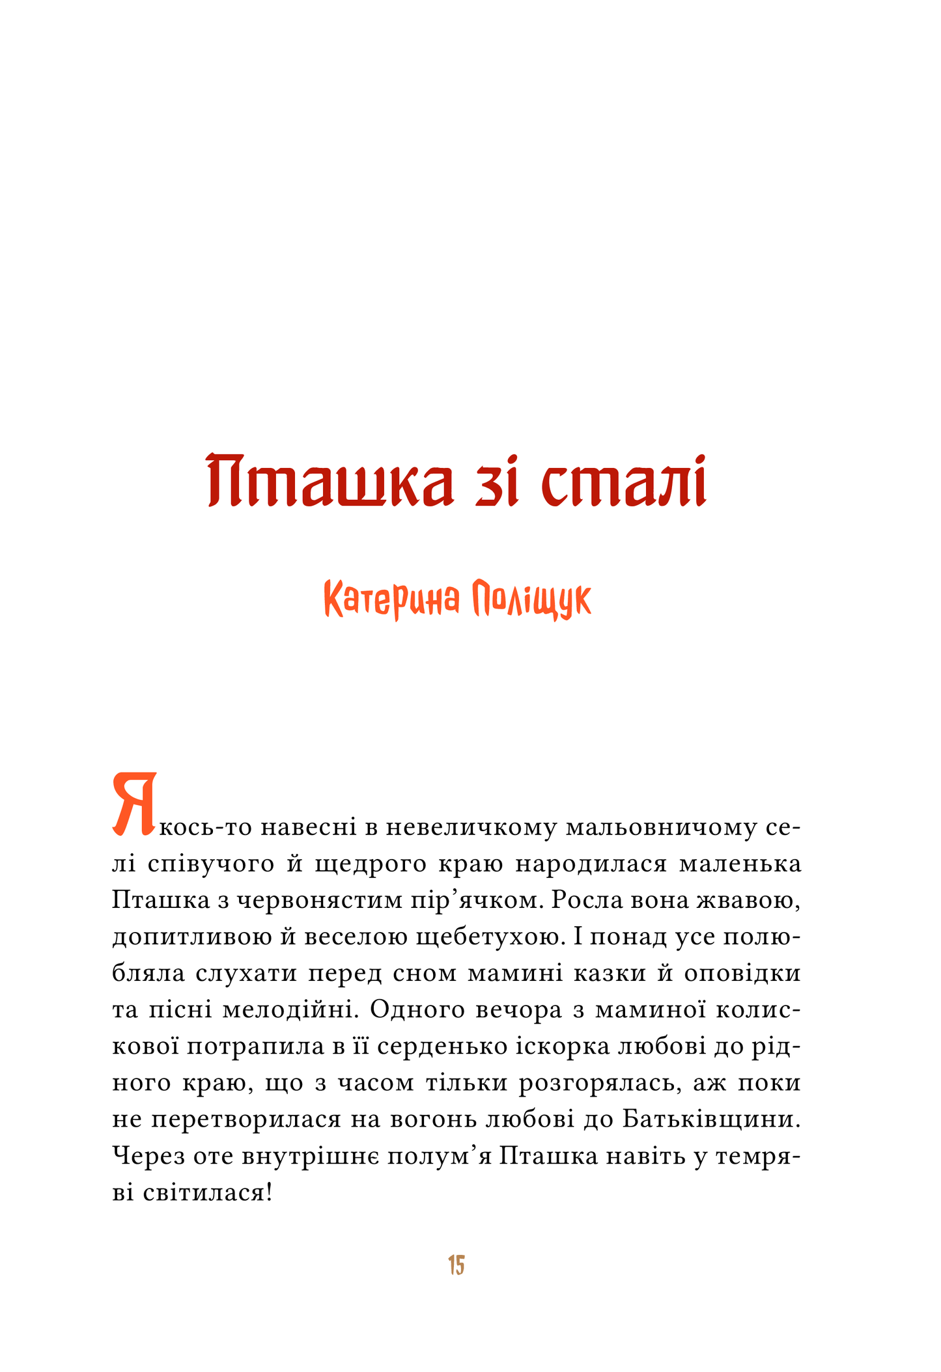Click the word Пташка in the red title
pos(330,482)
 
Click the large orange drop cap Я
pos(135,804)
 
